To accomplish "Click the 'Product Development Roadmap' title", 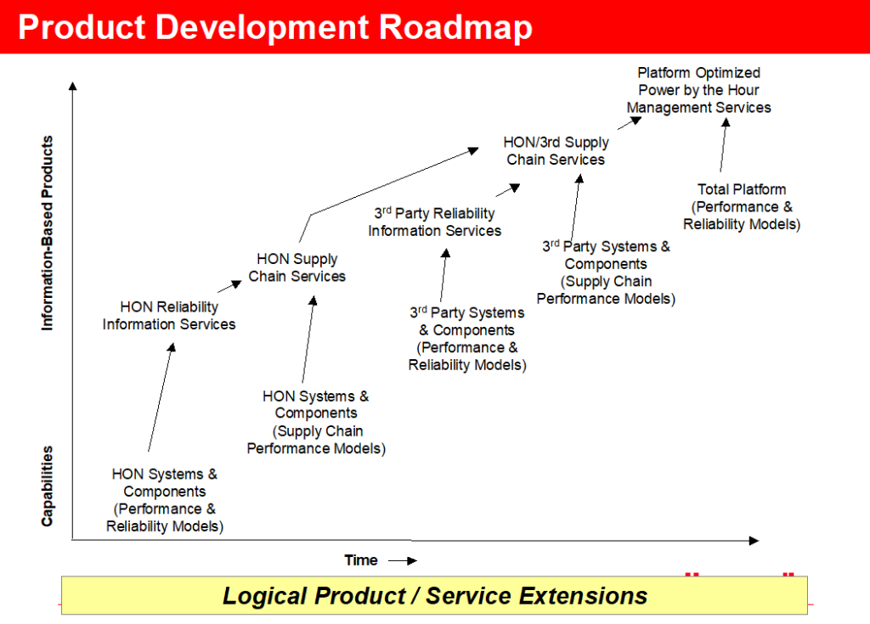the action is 275,28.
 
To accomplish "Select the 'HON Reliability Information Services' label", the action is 169,316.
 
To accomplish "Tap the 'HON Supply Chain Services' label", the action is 297,268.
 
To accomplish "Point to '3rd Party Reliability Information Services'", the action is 434,222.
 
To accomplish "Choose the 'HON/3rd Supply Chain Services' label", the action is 556,151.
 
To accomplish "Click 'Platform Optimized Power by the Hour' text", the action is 698,82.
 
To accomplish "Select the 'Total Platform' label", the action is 742,189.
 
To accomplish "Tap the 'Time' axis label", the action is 360,560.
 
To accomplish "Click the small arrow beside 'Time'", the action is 403,561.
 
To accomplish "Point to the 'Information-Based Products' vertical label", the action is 48,233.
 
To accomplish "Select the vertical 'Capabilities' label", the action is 48,486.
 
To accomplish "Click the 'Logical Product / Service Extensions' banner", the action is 434,596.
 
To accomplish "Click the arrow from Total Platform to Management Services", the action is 724,145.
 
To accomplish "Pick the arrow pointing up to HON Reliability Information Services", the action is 161,397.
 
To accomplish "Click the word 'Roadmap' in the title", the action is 455,28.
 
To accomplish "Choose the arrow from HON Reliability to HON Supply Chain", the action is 229,286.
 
